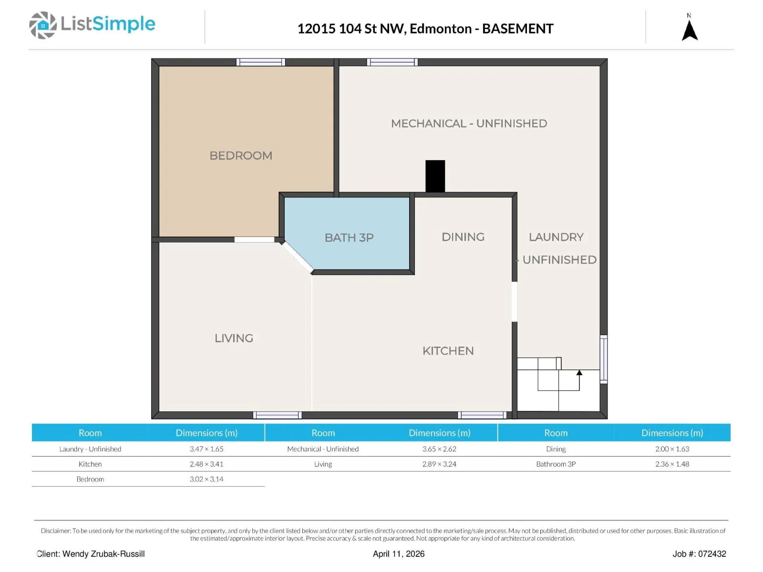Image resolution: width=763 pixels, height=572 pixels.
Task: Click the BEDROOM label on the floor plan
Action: (240, 155)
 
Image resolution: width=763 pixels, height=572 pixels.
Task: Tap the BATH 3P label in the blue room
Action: (349, 237)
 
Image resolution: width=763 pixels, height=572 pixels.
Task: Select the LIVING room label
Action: (234, 338)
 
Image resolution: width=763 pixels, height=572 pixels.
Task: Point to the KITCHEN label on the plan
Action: (448, 351)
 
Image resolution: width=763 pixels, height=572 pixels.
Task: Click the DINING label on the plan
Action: (463, 237)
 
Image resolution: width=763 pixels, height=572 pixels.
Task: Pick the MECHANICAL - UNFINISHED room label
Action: (469, 123)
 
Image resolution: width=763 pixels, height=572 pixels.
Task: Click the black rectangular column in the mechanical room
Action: (435, 176)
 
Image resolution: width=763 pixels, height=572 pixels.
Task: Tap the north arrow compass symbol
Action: (689, 31)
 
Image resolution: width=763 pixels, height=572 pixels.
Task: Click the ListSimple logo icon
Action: (43, 25)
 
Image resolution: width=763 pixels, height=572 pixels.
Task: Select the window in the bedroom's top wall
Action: (261, 62)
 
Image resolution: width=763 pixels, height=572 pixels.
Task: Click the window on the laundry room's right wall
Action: (603, 359)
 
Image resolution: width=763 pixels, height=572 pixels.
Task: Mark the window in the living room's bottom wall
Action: (278, 415)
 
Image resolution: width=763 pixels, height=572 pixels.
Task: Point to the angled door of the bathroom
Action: (298, 257)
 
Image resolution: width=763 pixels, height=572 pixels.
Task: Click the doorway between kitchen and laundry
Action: (515, 301)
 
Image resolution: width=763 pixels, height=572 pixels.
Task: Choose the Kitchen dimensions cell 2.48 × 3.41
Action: (206, 464)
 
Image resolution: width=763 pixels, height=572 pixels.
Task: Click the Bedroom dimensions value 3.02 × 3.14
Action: (206, 479)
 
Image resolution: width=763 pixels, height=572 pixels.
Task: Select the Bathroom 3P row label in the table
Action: (556, 464)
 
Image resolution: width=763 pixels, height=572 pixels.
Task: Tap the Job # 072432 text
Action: (699, 553)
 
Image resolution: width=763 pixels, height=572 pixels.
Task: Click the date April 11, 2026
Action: (398, 553)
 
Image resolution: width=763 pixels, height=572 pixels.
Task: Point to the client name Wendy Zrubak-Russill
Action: (103, 553)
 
